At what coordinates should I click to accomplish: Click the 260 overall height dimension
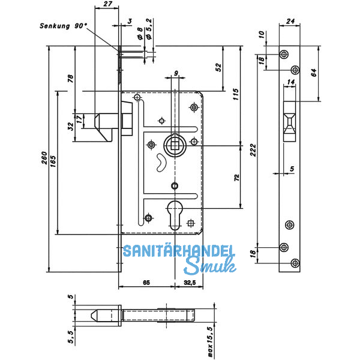pyautogui.click(x=44, y=158)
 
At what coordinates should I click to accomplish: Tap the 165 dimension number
pyautogui.click(x=53, y=161)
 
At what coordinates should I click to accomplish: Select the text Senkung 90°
pyautogui.click(x=64, y=26)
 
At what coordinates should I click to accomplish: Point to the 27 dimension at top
pyautogui.click(x=107, y=4)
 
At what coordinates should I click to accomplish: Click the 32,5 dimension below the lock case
pyautogui.click(x=190, y=283)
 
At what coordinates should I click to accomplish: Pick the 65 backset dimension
pyautogui.click(x=146, y=283)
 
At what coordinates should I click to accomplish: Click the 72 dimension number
pyautogui.click(x=237, y=178)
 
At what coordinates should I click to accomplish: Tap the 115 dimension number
pyautogui.click(x=236, y=94)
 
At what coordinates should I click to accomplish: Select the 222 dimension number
pyautogui.click(x=253, y=150)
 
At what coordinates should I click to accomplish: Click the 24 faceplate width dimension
pyautogui.click(x=290, y=21)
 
